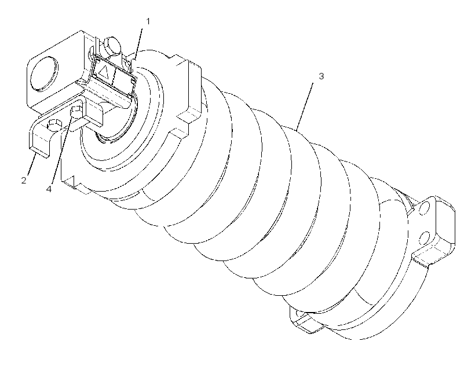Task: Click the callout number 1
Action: (148, 21)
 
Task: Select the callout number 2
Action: (24, 181)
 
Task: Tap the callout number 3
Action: (321, 76)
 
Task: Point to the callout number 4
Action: (49, 189)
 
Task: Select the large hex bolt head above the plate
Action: (111, 46)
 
